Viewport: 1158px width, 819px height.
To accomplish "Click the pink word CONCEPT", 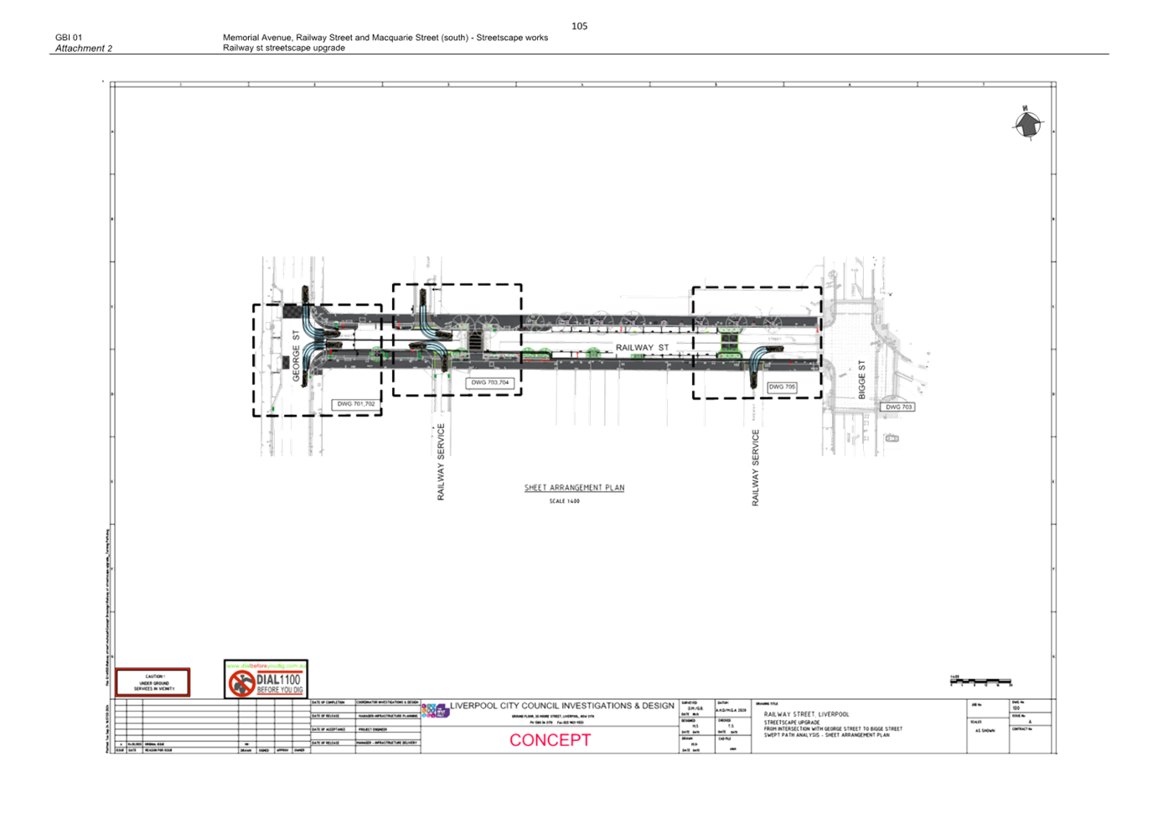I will pyautogui.click(x=551, y=740).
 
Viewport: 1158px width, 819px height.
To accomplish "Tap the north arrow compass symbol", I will pyautogui.click(x=1026, y=124).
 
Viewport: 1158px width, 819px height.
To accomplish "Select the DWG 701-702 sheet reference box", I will pyautogui.click(x=356, y=404).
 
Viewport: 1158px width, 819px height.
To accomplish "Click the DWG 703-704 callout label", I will pyautogui.click(x=490, y=383).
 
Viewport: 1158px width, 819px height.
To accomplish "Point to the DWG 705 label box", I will pyautogui.click(x=782, y=387).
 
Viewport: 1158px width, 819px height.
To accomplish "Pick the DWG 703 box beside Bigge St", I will pyautogui.click(x=898, y=407).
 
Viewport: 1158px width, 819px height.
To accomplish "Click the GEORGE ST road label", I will pyautogui.click(x=296, y=357).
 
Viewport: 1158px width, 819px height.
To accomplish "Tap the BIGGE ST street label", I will pyautogui.click(x=862, y=377).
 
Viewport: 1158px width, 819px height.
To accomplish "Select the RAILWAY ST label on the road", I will pyautogui.click(x=643, y=347).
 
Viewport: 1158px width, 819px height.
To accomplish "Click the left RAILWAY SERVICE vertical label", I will pyautogui.click(x=441, y=461).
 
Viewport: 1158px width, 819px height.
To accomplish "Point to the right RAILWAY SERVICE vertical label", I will pyautogui.click(x=755, y=467).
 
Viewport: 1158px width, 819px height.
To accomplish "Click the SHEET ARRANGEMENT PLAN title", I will pyautogui.click(x=575, y=488).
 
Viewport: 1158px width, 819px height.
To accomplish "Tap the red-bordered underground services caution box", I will pyautogui.click(x=153, y=682).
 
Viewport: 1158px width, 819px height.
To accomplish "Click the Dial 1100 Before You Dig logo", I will pyautogui.click(x=266, y=681).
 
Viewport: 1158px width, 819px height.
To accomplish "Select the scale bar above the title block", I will pyautogui.click(x=980, y=682).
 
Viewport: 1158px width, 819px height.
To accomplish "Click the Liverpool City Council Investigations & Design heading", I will pyautogui.click(x=562, y=707).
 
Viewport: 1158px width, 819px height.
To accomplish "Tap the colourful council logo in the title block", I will pyautogui.click(x=436, y=711).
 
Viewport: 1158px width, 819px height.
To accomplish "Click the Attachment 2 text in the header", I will pyautogui.click(x=83, y=49).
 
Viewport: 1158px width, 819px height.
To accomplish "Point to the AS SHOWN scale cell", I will pyautogui.click(x=985, y=730).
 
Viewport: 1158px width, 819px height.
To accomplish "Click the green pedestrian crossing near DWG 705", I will pyautogui.click(x=729, y=343).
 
